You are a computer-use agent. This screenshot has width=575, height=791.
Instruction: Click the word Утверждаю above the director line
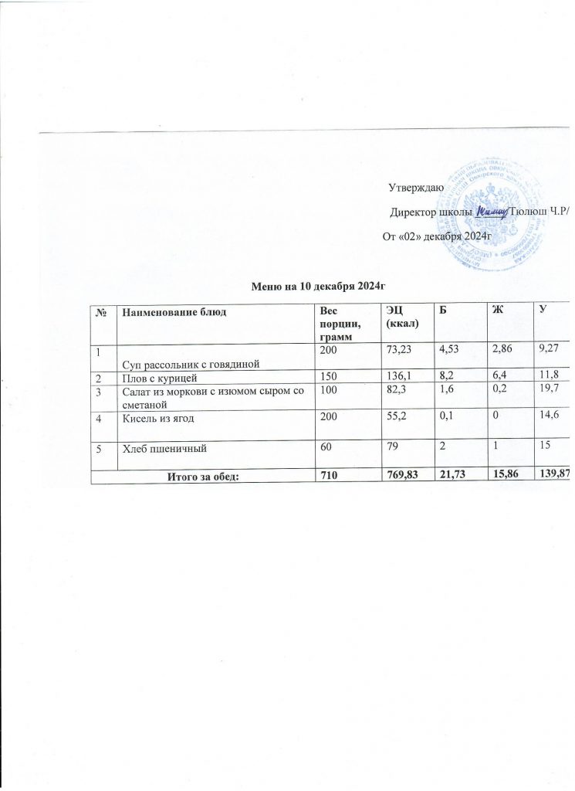(414, 187)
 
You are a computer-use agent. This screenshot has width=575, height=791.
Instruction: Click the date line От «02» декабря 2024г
(437, 234)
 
